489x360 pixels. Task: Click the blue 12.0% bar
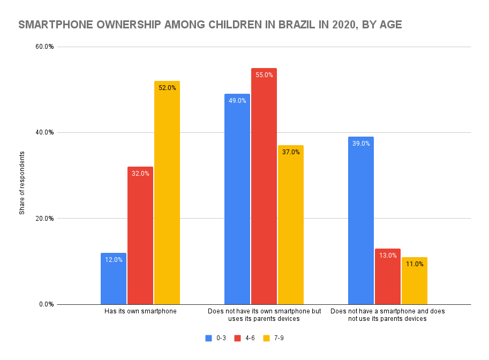[x=114, y=279]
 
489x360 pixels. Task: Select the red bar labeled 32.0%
[x=140, y=236]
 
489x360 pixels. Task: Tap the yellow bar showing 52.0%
[x=167, y=193]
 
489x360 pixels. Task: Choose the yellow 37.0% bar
[x=291, y=225]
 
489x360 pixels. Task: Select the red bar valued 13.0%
[x=388, y=276]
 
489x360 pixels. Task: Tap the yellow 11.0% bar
[x=415, y=281]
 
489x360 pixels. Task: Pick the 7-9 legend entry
[x=274, y=338]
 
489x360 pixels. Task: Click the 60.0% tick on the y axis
[x=44, y=47]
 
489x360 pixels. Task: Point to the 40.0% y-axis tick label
[x=44, y=132]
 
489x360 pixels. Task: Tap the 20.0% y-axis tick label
[x=44, y=219]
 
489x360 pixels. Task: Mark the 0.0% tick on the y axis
[x=46, y=304]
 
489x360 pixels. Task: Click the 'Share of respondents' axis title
[x=22, y=183]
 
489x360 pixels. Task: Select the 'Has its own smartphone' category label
[x=140, y=311]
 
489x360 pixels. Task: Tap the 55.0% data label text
[x=264, y=75]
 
